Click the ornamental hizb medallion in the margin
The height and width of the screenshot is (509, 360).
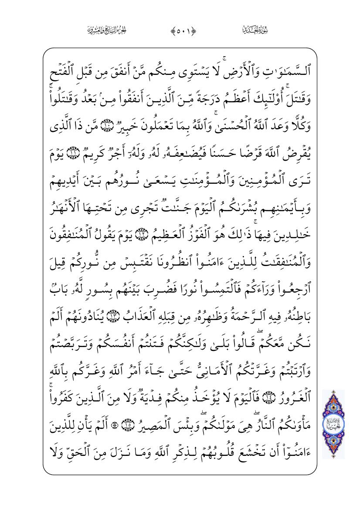point(333,424)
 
